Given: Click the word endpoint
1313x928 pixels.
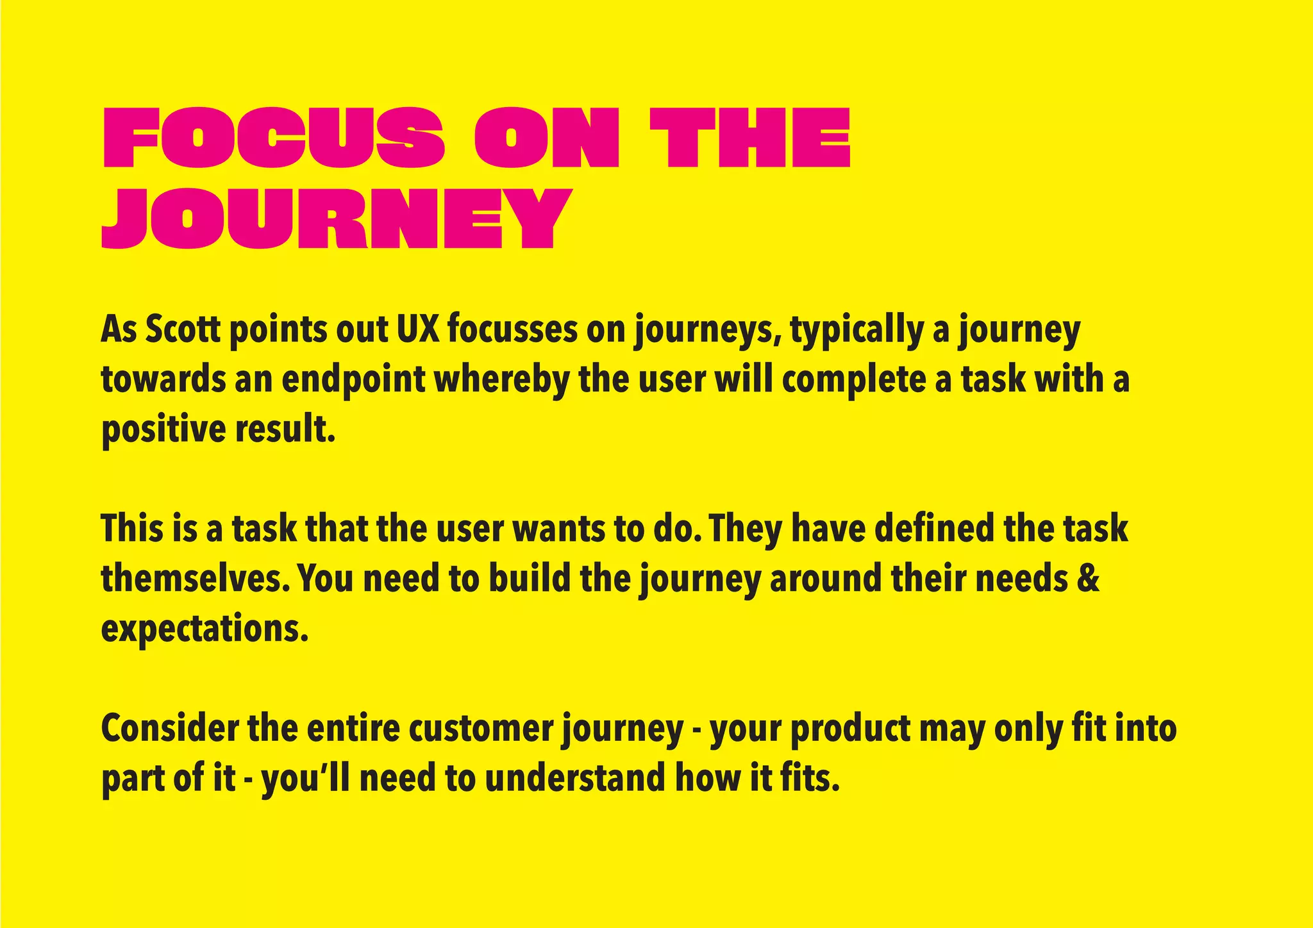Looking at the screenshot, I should (x=353, y=380).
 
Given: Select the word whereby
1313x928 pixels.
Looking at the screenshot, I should (x=502, y=380).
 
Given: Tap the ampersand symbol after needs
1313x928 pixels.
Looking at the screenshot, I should (x=1089, y=579).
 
